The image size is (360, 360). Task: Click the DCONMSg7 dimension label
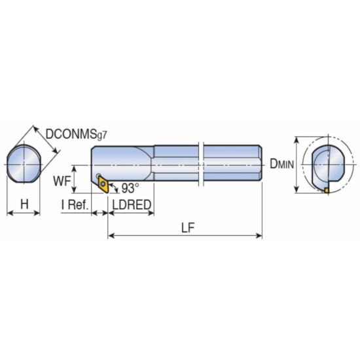point(77,134)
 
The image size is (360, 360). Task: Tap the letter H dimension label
point(25,204)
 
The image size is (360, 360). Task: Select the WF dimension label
point(62,181)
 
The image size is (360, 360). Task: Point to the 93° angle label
point(130,188)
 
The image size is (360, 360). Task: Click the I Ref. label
point(75,205)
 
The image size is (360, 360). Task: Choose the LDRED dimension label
point(132,205)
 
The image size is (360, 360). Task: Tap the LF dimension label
point(188,228)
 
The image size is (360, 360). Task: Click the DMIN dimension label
point(281,164)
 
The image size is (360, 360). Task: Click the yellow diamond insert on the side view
point(103,184)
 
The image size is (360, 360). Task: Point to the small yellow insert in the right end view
point(327,190)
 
